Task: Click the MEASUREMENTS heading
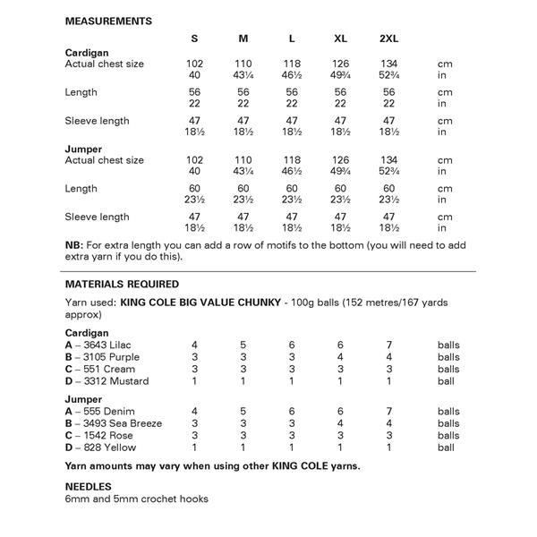point(108,21)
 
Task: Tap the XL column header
point(340,38)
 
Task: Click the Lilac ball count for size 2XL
point(388,344)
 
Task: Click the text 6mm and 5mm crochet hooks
point(137,499)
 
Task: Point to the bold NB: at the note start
point(74,244)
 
